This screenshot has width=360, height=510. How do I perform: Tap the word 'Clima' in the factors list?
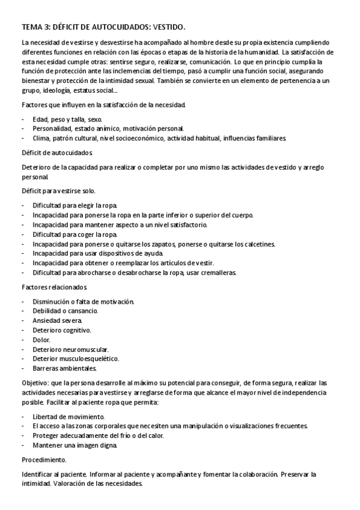[41, 138]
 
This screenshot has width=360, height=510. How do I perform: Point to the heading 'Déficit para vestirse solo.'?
[58, 191]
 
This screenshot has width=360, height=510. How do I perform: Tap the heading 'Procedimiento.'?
[44, 459]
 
